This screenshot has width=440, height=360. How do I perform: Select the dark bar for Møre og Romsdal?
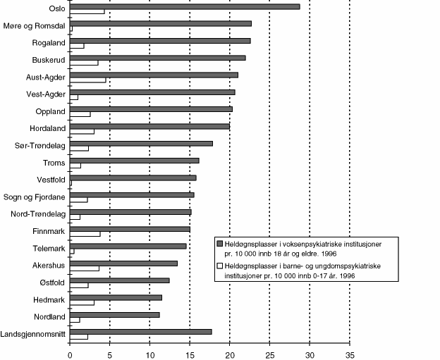(x=161, y=23)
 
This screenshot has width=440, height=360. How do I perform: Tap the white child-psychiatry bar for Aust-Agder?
(x=88, y=80)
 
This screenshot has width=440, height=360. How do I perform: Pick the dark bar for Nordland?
(x=115, y=314)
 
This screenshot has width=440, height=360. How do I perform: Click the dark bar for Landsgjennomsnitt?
(x=141, y=331)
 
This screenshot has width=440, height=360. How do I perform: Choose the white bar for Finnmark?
(x=85, y=233)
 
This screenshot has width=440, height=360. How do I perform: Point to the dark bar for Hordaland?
(x=150, y=126)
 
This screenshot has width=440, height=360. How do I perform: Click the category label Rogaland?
(x=50, y=42)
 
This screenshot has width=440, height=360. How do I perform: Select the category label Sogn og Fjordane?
(x=35, y=197)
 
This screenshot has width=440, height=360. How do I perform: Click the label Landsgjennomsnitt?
(x=34, y=335)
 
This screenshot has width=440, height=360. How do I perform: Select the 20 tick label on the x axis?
(x=230, y=355)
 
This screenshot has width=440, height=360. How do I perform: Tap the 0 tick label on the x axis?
(x=70, y=355)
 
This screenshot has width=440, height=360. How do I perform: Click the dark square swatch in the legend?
(x=220, y=242)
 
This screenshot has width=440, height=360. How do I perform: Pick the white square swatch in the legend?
(x=220, y=266)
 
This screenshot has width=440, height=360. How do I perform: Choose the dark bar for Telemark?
(x=128, y=246)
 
